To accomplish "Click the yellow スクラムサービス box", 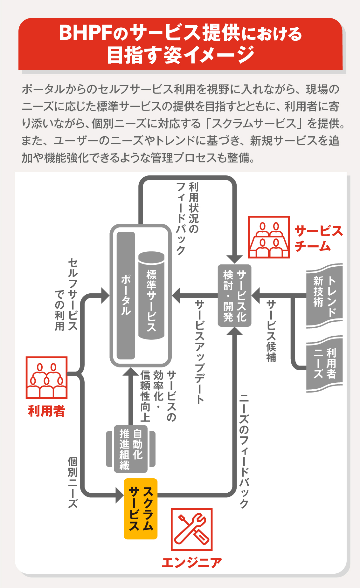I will coord(140,509).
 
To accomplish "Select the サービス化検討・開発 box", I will coord(234,296).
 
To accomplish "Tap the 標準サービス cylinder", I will coord(151,296).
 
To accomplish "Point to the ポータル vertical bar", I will coord(126,296).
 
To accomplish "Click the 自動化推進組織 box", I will coord(131,449).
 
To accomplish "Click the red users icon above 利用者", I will coord(46,378).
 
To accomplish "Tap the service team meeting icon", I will coord(269,237).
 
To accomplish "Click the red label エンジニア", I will coord(191,563).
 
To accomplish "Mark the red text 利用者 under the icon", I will coord(46,411).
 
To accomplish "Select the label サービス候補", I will coord(271,331).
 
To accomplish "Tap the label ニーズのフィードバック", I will coord(244,451).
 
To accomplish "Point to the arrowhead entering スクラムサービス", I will coord(120,495).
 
